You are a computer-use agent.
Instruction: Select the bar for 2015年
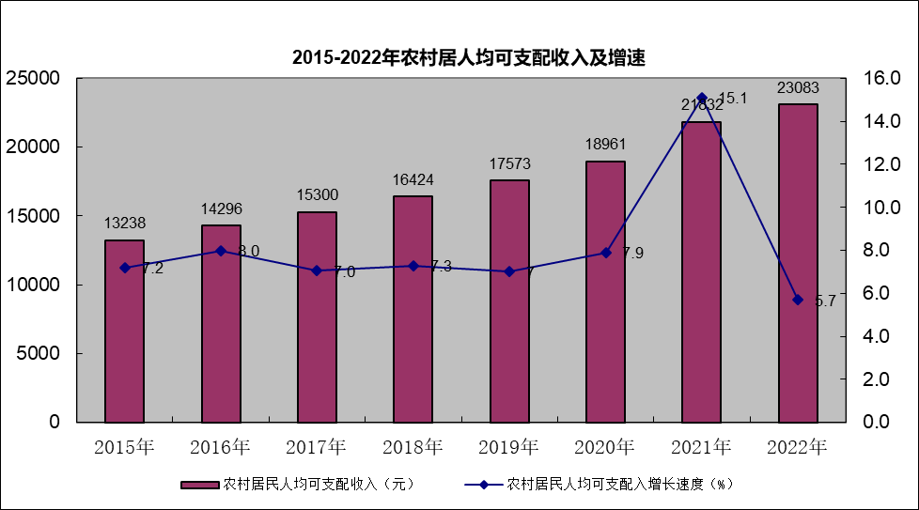pyautogui.click(x=124, y=331)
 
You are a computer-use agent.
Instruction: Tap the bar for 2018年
pyautogui.click(x=413, y=308)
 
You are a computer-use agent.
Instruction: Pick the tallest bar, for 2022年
pyautogui.click(x=798, y=263)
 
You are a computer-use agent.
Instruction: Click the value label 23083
pyautogui.click(x=798, y=88)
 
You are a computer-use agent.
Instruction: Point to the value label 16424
pyautogui.click(x=413, y=179)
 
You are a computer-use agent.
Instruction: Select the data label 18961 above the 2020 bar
pyautogui.click(x=605, y=145)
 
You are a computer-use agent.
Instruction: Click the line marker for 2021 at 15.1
pyautogui.click(x=701, y=98)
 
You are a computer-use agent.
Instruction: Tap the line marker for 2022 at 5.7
pyautogui.click(x=798, y=300)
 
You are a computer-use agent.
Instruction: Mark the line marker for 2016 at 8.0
pyautogui.click(x=221, y=251)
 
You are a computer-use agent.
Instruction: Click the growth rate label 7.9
pyautogui.click(x=633, y=253)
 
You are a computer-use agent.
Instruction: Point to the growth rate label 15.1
pyautogui.click(x=733, y=98)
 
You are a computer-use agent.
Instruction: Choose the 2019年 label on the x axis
pyautogui.click(x=508, y=446)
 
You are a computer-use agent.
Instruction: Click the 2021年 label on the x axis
pyautogui.click(x=701, y=446)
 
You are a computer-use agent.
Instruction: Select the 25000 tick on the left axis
pyautogui.click(x=34, y=79)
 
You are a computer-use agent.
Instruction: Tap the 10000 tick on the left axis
pyautogui.click(x=34, y=285)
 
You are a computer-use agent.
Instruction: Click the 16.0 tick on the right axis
pyautogui.click(x=880, y=79)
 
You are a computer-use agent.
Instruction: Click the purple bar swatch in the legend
pyautogui.click(x=199, y=485)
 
